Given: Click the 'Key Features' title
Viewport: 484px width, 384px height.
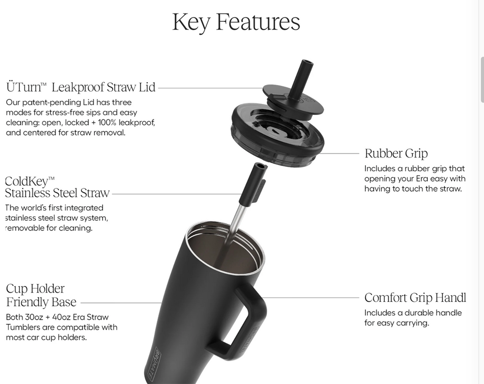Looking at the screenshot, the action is click(236, 22).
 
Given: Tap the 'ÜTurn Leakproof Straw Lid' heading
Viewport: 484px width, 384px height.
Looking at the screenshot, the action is click(80, 87).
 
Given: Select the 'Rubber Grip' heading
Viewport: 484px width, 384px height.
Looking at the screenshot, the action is click(396, 153).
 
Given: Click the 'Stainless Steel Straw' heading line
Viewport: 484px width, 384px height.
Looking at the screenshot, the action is click(57, 193).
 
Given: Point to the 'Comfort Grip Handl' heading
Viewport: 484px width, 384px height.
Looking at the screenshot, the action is click(415, 298).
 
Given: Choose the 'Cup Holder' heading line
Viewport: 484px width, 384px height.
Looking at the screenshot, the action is click(35, 288).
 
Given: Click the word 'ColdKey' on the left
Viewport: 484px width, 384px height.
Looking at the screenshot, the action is click(27, 181).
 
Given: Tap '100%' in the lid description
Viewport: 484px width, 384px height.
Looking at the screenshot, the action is click(107, 123).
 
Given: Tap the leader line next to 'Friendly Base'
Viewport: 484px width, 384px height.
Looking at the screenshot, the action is click(121, 303).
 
